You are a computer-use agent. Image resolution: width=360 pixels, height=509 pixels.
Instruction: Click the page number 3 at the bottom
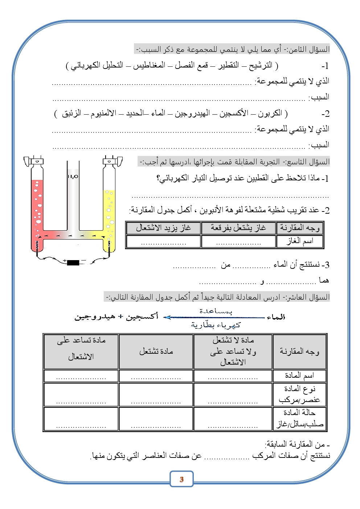click(x=181, y=479)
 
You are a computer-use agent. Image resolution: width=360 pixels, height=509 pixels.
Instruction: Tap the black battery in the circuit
click(x=73, y=262)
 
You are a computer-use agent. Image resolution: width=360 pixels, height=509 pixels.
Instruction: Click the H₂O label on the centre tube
click(x=73, y=176)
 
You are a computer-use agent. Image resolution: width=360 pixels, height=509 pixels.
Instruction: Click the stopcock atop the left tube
click(x=36, y=161)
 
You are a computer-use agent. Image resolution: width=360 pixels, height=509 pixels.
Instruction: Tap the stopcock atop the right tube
click(x=110, y=161)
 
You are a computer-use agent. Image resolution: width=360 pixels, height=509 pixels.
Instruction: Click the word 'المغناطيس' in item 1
click(x=149, y=65)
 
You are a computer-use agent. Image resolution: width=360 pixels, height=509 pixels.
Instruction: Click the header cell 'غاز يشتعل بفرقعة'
click(x=238, y=228)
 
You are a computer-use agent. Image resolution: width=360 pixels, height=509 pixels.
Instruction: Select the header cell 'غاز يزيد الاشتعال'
click(x=163, y=228)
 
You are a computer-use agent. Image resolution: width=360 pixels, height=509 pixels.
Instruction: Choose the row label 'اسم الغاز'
click(x=300, y=241)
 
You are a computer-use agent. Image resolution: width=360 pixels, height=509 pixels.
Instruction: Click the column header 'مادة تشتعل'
click(x=156, y=351)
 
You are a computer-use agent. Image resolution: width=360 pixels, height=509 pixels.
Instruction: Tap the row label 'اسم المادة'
click(x=299, y=375)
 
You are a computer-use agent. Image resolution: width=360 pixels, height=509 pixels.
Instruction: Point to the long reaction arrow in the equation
click(x=214, y=317)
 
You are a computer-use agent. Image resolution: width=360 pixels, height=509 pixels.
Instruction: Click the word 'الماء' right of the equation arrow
click(x=276, y=317)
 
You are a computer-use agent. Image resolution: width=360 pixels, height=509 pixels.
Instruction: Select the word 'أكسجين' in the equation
click(x=142, y=317)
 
